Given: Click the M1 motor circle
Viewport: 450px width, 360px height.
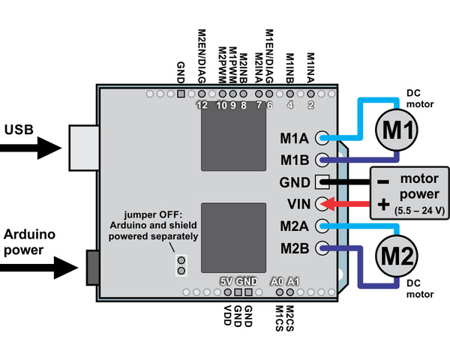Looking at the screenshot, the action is tap(397, 130).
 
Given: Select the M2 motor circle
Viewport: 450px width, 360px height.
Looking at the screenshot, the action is tap(397, 256).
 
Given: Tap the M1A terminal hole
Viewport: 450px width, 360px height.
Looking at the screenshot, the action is tap(322, 138).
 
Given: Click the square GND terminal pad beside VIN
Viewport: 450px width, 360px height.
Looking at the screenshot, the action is tap(322, 182).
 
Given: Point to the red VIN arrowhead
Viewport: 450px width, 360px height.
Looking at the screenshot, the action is tap(327, 204).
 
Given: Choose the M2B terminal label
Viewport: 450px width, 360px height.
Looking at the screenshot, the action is tap(295, 248).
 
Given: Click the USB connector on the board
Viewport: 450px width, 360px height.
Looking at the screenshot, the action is tap(84, 148).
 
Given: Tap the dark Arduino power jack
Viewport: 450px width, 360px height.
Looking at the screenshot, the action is tap(93, 268).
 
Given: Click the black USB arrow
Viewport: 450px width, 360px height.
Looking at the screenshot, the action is tap(31, 148).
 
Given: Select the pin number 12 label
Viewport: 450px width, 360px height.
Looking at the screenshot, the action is tap(202, 105).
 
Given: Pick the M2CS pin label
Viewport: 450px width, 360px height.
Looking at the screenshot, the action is tap(289, 318).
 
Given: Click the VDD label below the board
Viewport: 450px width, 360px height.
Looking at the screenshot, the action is tap(227, 315).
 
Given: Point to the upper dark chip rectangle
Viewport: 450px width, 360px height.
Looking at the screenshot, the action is tap(233, 136).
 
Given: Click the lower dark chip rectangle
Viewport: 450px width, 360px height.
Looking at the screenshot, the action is tap(233, 238).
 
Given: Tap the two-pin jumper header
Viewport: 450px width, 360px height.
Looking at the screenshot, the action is tap(181, 265).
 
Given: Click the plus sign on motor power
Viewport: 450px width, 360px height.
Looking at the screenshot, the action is tap(383, 205).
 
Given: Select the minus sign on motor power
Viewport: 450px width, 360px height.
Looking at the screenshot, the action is tap(383, 181).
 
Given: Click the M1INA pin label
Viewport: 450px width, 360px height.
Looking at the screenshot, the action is tap(310, 68).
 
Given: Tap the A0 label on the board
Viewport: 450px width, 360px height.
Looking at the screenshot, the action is tap(277, 282).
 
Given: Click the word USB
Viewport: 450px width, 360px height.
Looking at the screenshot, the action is tap(19, 130).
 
